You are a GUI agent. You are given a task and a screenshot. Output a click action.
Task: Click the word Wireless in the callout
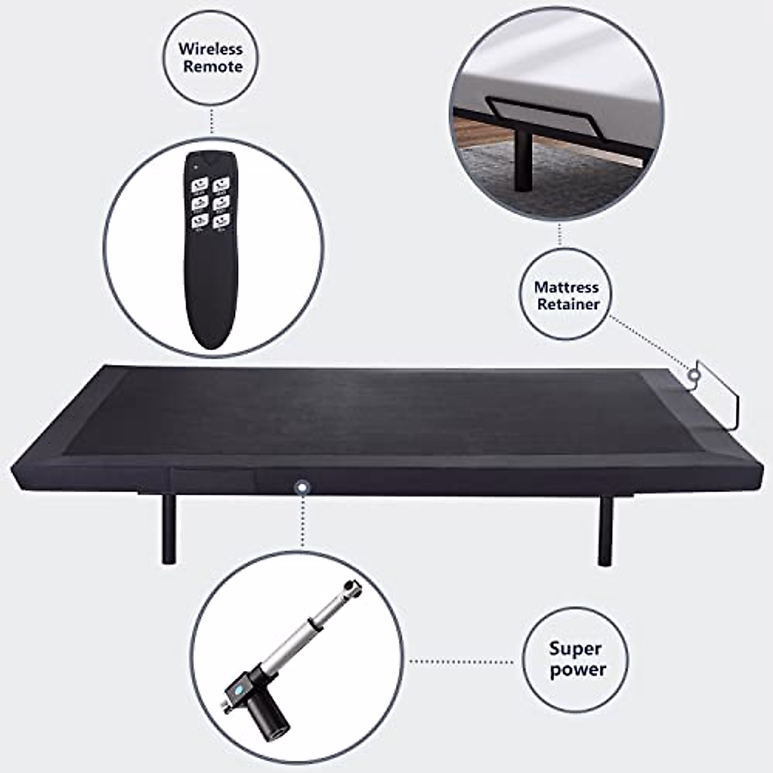point(211,49)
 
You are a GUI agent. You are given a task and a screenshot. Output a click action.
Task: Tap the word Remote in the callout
point(213,67)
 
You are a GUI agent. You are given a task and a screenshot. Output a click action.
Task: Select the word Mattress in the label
point(566,287)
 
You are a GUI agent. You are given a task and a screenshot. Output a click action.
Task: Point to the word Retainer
point(568,305)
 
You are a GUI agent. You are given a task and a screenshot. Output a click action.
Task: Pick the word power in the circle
point(578,669)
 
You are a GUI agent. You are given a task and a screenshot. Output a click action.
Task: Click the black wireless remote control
point(211,251)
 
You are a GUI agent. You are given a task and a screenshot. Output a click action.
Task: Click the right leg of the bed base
point(606,531)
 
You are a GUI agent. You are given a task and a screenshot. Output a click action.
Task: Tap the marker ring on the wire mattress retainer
point(694,376)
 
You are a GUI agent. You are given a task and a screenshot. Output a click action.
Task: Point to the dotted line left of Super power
point(464,661)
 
